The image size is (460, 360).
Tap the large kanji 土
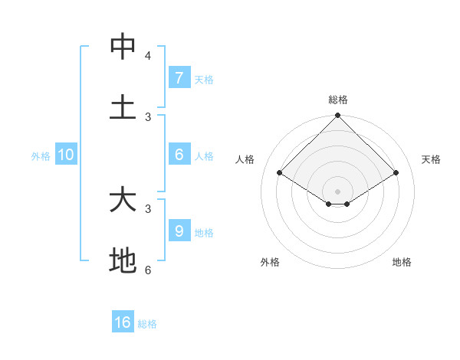123,107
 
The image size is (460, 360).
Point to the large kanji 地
123,260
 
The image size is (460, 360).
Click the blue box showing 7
179,77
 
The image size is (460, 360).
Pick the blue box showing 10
66,155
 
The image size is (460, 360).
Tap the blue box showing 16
123,322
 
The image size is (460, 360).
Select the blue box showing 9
179,231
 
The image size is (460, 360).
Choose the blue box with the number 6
179,155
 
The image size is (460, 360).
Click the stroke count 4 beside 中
148,55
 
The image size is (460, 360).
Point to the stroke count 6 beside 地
148,270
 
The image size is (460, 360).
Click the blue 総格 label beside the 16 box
147,324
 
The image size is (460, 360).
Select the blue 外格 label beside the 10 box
41,156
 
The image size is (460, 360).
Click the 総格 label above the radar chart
338,100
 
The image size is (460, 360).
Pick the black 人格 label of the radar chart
245,159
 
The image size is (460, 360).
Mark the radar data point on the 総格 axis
338,116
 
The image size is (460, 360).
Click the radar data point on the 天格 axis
396,173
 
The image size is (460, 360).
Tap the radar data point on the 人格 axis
280,173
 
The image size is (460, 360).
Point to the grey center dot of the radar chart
338,191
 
